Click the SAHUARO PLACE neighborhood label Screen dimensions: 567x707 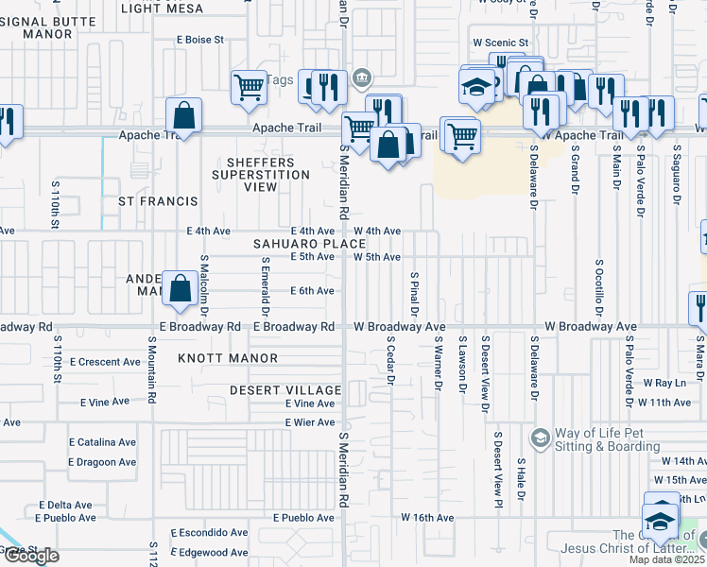point(296,244)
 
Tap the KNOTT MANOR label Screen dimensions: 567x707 point(228,358)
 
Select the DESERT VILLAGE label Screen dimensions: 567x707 point(285,390)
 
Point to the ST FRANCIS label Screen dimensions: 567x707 point(158,201)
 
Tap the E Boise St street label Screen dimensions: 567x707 point(199,40)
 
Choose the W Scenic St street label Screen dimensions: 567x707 point(501,43)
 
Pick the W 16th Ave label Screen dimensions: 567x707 point(427,518)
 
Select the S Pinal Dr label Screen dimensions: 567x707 point(414,293)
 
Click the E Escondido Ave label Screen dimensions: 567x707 point(209,533)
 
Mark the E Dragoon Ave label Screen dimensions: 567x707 point(101,462)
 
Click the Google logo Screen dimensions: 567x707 point(30,557)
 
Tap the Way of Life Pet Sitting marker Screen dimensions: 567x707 point(540,438)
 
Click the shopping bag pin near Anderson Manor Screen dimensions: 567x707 point(180,287)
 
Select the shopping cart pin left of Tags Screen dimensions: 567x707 point(248,86)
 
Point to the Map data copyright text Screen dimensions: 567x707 point(666,559)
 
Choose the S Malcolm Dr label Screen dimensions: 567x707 point(203,281)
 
